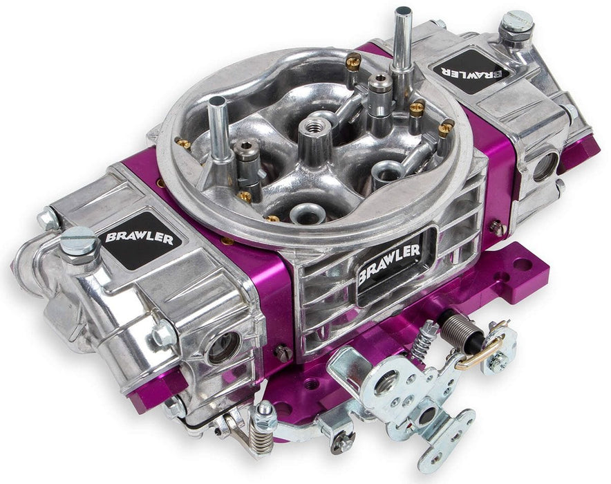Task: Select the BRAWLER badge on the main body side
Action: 388,265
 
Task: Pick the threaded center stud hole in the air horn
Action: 308,129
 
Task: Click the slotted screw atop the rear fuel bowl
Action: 514,21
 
